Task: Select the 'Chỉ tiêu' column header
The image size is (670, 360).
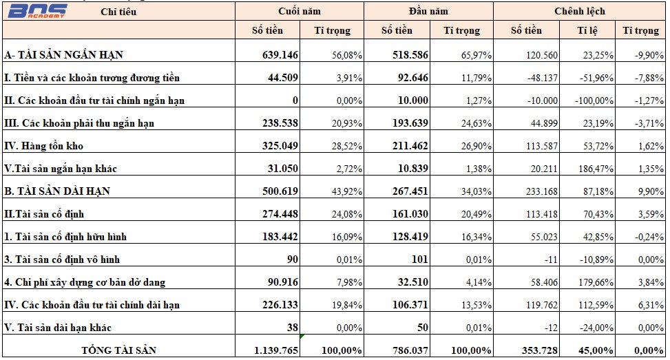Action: click(x=118, y=12)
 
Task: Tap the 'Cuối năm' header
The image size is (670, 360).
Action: click(x=299, y=11)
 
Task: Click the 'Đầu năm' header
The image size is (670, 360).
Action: click(x=428, y=11)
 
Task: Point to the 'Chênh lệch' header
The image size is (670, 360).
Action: click(x=579, y=11)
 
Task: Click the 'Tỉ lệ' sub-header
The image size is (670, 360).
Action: click(x=587, y=30)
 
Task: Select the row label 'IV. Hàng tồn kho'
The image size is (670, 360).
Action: click(x=43, y=146)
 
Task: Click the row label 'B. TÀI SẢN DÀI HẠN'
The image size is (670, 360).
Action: click(x=57, y=191)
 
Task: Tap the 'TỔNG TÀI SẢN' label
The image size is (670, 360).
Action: click(x=119, y=350)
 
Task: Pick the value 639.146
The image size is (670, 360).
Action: click(x=280, y=54)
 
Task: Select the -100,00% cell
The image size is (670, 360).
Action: click(x=594, y=100)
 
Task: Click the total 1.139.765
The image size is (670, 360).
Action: click(x=276, y=350)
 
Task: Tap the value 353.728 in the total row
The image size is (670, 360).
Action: click(x=540, y=350)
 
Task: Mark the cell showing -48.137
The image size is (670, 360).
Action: click(x=542, y=78)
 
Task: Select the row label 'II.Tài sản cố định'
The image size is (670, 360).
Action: click(x=44, y=213)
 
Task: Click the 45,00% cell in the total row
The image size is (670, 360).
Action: click(x=596, y=350)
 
